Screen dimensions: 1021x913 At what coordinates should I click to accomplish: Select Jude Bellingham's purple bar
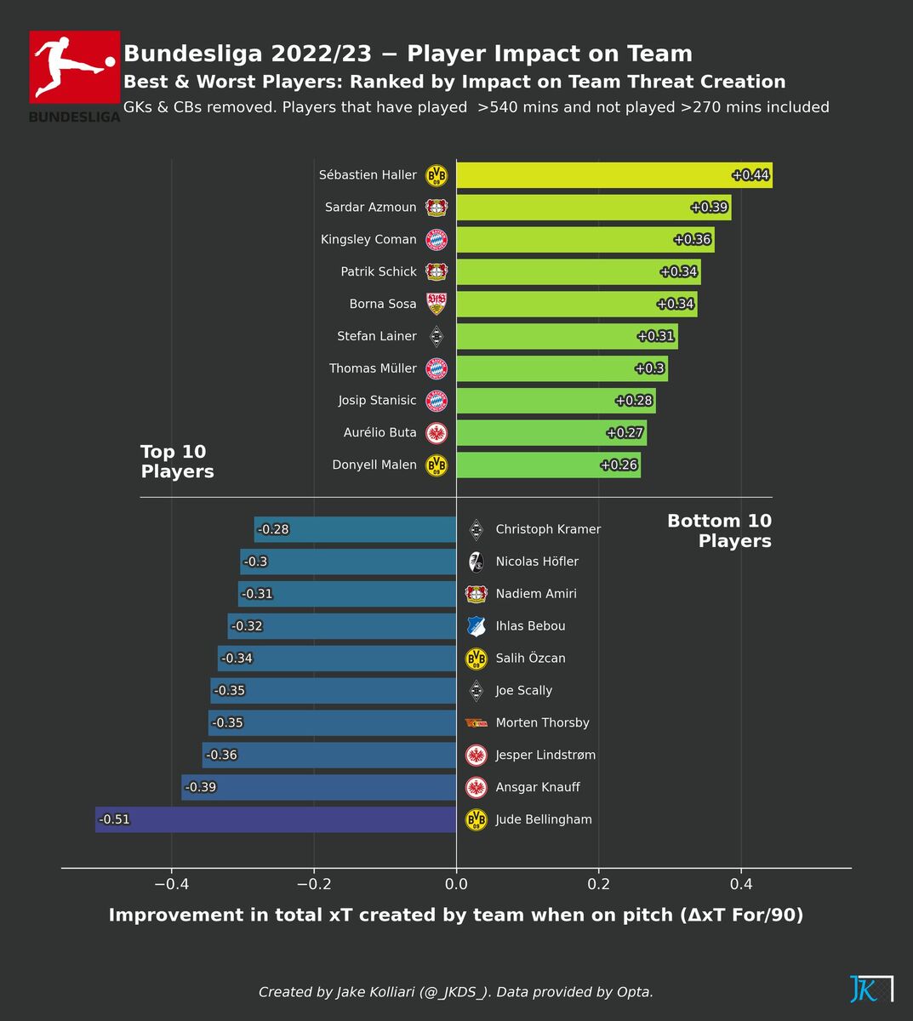point(276,819)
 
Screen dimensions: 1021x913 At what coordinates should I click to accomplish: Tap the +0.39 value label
point(708,208)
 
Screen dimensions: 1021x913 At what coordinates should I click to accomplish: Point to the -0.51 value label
point(115,819)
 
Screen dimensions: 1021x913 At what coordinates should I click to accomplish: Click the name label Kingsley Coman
point(368,240)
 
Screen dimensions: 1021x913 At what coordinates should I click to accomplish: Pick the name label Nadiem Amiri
point(536,594)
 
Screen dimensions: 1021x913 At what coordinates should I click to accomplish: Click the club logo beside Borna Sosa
point(437,304)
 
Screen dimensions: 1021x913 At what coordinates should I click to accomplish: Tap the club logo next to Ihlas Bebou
point(476,626)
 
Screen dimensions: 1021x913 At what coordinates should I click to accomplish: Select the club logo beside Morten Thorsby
point(476,723)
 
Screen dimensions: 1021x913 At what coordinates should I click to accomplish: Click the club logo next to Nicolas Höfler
point(476,562)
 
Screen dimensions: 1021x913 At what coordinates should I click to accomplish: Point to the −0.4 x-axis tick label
point(171,884)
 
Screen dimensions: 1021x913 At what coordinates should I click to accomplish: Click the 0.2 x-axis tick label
point(599,884)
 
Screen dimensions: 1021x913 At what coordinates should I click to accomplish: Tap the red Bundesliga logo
point(75,67)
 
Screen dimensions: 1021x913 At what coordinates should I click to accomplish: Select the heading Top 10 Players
point(177,462)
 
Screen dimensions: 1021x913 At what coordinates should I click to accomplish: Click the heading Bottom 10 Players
point(719,531)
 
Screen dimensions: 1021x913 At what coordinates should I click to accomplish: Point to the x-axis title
point(456,915)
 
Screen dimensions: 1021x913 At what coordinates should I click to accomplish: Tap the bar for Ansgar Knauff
point(319,787)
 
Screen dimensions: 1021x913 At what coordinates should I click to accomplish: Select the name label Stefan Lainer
point(377,336)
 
